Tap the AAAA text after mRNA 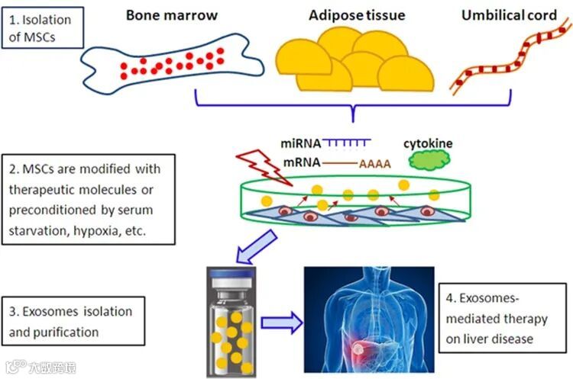click(x=374, y=162)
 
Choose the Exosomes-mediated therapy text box click(x=505, y=318)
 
